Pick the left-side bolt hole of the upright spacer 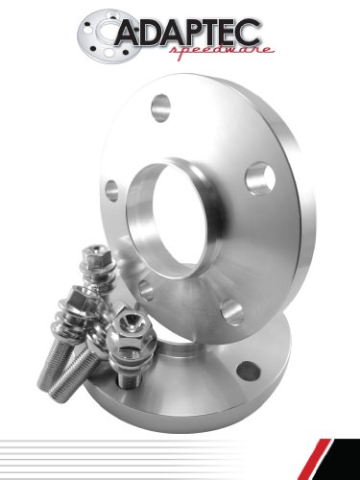point(112,189)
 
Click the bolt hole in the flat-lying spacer point(249,369)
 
